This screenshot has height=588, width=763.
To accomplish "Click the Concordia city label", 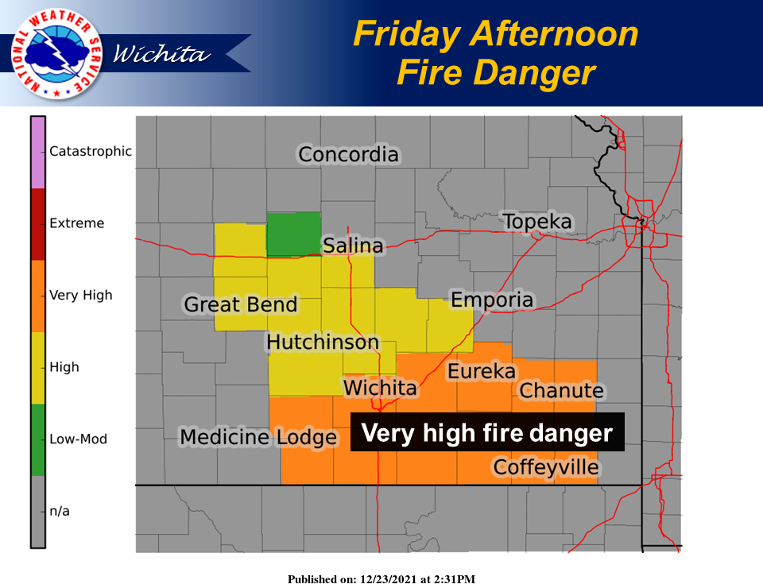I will [348, 154].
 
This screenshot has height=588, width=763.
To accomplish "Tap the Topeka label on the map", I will [537, 222].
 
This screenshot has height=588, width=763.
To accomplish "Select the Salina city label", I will [353, 246].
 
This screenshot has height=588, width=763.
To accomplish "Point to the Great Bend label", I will [241, 304].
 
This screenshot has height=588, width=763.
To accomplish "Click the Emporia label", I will [491, 300].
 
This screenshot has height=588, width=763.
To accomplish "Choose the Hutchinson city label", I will [323, 342].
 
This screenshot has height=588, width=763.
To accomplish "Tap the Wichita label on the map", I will [380, 388].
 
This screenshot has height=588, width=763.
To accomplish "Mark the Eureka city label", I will [482, 371].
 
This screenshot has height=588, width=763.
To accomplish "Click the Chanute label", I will [561, 391].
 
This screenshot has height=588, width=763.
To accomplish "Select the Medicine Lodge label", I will [258, 437].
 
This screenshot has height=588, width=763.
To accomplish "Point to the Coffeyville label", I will [545, 466].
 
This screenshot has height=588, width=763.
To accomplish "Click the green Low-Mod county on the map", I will [293, 234].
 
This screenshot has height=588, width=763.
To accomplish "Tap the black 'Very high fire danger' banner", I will [487, 433].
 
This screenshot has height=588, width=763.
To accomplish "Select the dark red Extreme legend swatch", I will [38, 224].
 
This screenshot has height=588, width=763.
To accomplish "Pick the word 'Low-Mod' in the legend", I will [78, 439].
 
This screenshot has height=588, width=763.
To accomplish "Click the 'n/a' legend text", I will [60, 511].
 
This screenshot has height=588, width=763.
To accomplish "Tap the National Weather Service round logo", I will [56, 54].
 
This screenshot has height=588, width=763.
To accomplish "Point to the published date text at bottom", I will [381, 579].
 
